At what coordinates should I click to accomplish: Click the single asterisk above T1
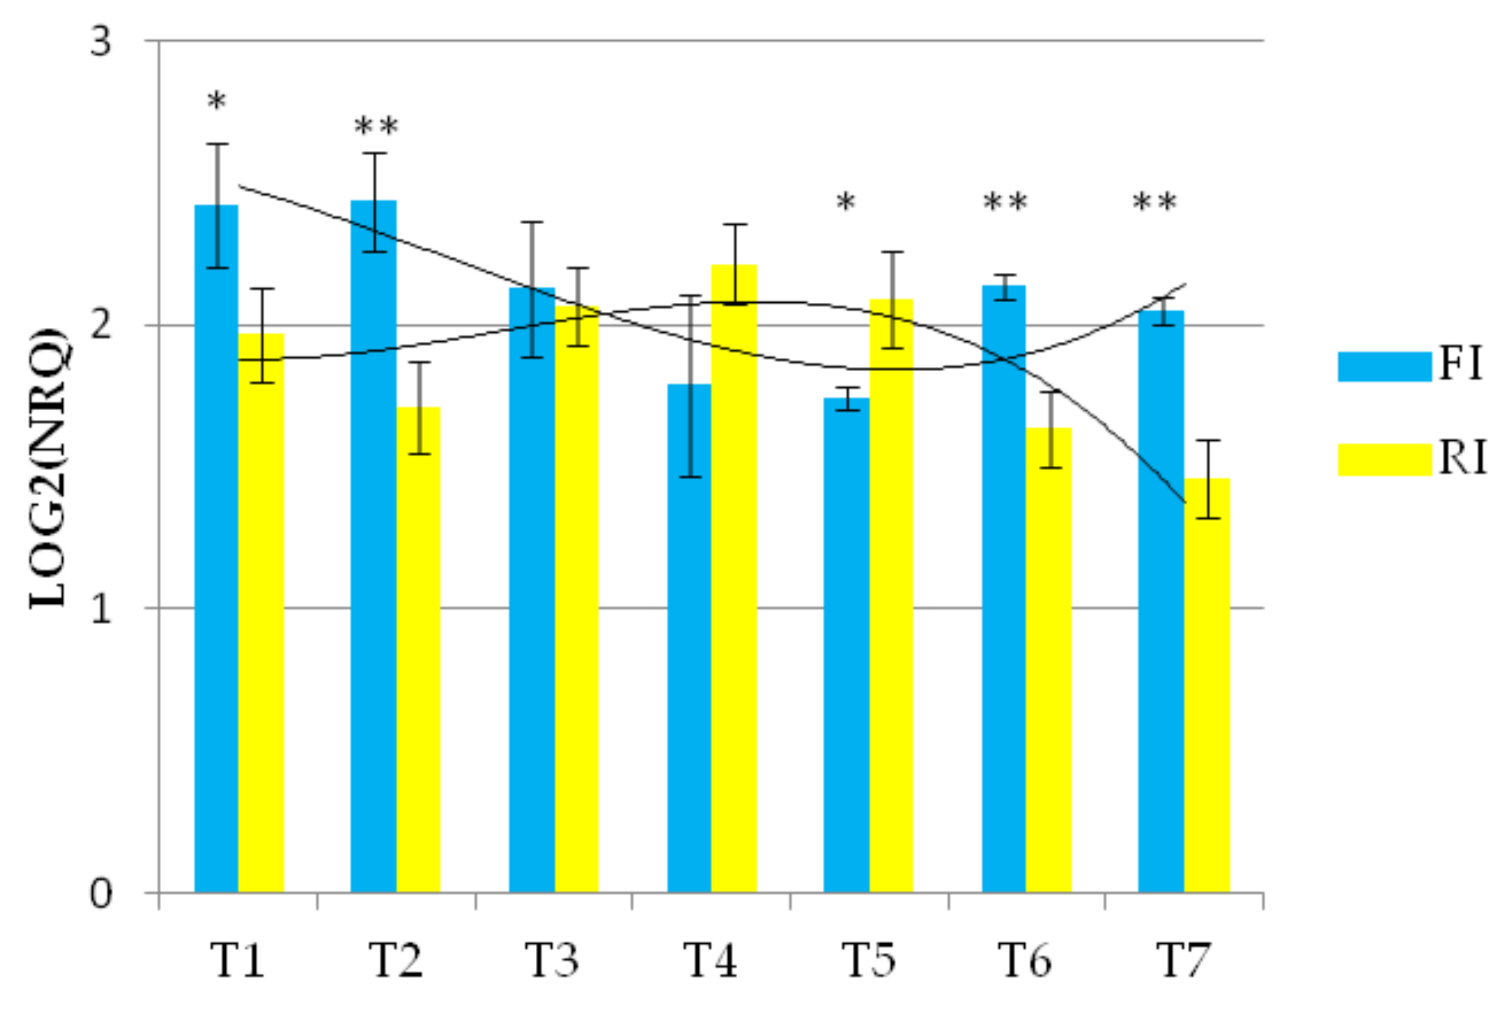click(x=217, y=102)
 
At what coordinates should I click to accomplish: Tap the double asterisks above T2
click(x=377, y=127)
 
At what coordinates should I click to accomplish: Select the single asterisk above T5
click(x=846, y=203)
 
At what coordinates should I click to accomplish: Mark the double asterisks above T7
click(x=1154, y=203)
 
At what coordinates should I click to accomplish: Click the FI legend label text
click(x=1461, y=365)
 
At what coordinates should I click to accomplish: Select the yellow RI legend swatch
click(x=1384, y=460)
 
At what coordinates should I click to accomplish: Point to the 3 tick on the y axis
click(x=101, y=42)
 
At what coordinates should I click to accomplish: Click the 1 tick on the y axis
click(x=101, y=608)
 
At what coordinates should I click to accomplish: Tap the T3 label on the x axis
click(x=552, y=960)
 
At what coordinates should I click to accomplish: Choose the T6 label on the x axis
click(x=1025, y=960)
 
